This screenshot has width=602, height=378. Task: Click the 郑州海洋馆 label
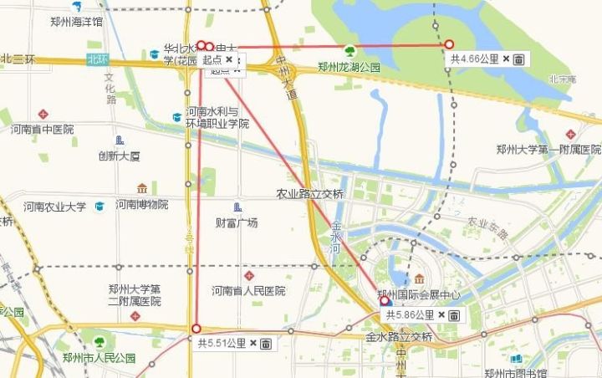76,22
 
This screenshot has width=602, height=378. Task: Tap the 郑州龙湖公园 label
349,68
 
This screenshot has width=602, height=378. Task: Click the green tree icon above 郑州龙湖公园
349,52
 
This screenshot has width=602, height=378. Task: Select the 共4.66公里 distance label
475,59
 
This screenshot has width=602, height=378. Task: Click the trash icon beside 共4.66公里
518,59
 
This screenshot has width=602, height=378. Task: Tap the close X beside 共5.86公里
441,315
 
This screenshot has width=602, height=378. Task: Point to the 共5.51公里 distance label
222,343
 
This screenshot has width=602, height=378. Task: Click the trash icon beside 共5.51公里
266,343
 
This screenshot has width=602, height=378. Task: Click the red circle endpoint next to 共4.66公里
449,44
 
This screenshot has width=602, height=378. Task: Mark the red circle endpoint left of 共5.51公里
196,329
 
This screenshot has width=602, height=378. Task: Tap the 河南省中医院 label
42,130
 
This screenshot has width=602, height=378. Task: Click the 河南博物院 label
142,204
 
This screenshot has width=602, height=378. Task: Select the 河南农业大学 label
54,207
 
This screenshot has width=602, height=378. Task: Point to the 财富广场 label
237,222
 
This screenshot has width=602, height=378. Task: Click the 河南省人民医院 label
248,291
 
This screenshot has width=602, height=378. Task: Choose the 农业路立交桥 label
310,193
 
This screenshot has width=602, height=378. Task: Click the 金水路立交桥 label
399,337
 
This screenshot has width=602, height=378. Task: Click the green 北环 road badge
97,59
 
